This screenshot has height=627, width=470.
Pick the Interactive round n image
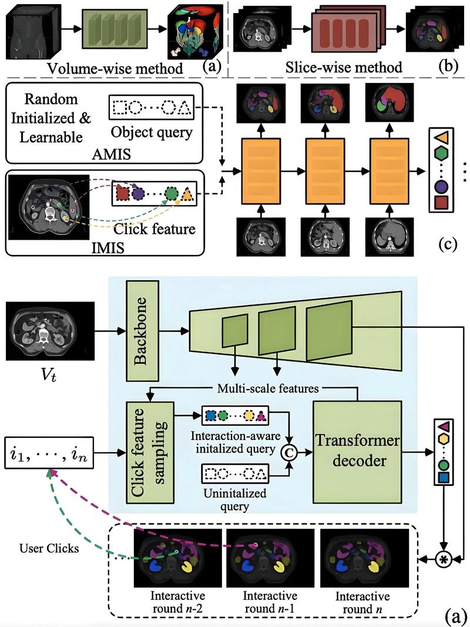pos(364,555)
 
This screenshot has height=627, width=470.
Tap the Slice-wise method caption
pos(351,68)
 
